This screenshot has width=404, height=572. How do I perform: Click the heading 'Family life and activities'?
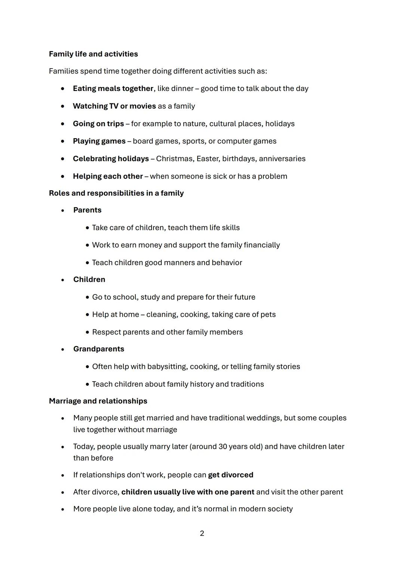point(93,54)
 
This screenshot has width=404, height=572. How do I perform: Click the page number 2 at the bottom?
point(202,533)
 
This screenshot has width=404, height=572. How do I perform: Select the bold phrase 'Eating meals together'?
point(113,88)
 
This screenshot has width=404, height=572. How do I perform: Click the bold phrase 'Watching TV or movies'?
point(114,106)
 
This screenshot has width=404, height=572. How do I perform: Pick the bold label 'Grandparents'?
point(98,349)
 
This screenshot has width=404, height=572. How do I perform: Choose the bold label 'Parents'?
point(87,210)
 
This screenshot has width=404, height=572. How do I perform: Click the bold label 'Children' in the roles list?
point(89,279)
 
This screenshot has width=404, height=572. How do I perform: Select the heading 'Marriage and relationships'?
point(98,401)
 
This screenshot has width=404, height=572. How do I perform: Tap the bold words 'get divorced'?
point(230,475)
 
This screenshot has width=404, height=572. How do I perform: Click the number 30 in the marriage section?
point(223,447)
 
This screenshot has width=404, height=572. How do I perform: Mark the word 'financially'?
point(261,245)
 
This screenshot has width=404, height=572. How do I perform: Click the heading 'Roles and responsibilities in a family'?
point(116,193)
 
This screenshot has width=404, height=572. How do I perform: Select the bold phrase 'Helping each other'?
point(108,176)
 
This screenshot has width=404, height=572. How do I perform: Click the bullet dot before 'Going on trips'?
point(63,124)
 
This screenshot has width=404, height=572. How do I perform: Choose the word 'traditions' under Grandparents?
point(247,384)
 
